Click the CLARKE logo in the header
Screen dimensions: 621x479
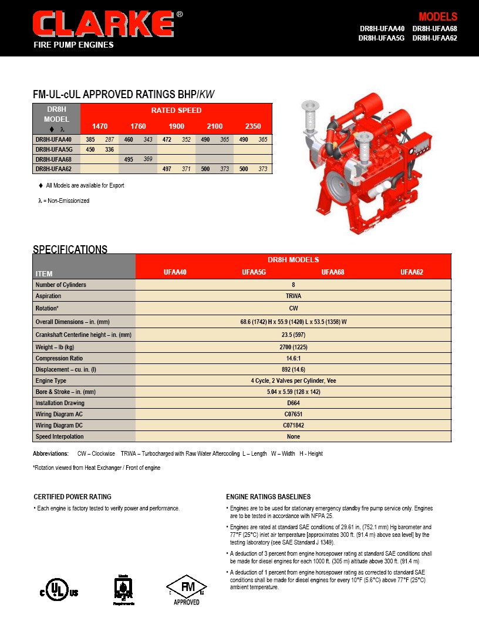[103, 25]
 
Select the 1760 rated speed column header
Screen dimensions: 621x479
[138, 126]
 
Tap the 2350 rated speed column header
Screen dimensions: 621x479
[252, 126]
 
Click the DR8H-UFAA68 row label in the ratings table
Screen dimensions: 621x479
[53, 159]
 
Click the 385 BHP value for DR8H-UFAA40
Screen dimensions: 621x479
[90, 139]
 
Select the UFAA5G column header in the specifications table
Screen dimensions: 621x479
[254, 272]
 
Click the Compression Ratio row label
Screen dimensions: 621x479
[59, 358]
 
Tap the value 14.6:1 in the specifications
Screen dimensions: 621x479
[294, 358]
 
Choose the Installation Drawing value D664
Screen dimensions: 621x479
[294, 403]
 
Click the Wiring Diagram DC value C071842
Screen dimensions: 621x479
[294, 425]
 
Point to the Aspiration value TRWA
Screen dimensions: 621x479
[294, 296]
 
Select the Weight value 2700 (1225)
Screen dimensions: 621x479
[294, 347]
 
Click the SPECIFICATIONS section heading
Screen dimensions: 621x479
[70, 249]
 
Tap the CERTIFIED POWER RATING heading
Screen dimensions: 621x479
[72, 497]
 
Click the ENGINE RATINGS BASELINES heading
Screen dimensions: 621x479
[268, 497]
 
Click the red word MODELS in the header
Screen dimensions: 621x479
[437, 17]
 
